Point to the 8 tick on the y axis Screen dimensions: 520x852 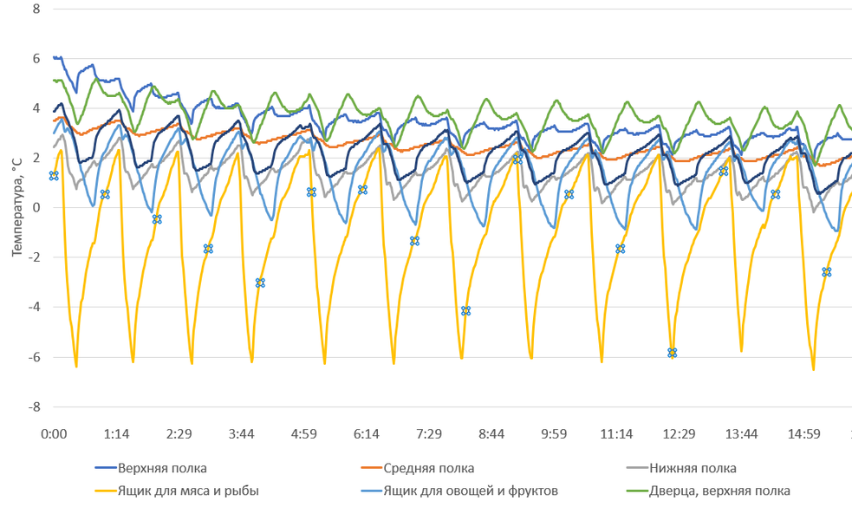pyautogui.click(x=36, y=9)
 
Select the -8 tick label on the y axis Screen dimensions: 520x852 pyautogui.click(x=34, y=406)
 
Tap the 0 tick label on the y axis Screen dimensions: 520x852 pyautogui.click(x=36, y=208)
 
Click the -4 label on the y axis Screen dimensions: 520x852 pyautogui.click(x=34, y=308)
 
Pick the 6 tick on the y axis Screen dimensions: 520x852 pyautogui.click(x=36, y=59)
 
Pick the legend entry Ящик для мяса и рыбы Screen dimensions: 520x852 pyautogui.click(x=188, y=491)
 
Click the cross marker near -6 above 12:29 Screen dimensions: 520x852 pyautogui.click(x=672, y=353)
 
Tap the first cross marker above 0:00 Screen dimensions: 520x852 pyautogui.click(x=54, y=176)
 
